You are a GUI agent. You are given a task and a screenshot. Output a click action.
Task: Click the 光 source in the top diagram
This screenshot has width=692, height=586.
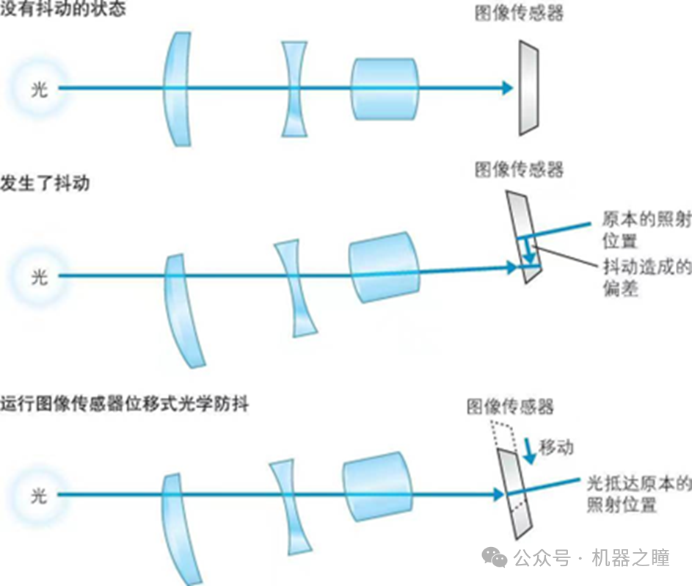39,89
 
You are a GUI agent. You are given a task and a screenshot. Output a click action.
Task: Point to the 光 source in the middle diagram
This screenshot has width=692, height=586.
39,277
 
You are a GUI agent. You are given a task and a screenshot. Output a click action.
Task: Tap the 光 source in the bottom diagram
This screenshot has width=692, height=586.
39,496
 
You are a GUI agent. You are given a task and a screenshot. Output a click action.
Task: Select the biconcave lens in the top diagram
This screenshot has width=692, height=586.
294,89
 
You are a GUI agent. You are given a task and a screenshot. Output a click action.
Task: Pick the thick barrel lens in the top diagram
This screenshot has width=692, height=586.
385,89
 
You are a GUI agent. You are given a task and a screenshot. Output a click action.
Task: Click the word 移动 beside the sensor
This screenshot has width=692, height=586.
556,447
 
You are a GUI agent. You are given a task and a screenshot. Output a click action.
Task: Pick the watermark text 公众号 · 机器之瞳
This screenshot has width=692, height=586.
591,558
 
